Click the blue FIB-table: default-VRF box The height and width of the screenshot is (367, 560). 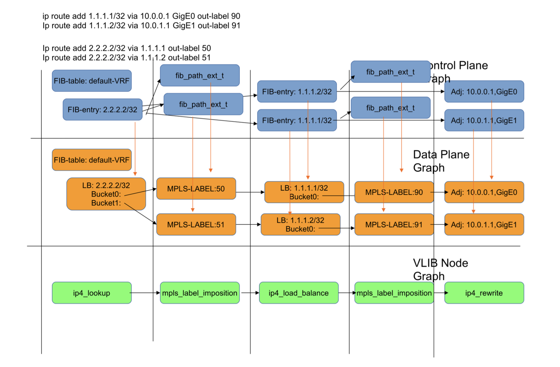[92, 81]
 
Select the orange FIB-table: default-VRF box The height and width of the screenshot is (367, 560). [92, 160]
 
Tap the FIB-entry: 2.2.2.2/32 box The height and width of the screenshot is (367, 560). [102, 110]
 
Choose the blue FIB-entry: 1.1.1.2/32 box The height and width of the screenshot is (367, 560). [297, 92]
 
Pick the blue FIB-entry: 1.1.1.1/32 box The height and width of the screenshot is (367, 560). [297, 120]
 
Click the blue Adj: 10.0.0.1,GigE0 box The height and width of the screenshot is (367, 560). [484, 92]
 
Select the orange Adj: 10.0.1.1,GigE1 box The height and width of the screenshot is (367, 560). [484, 225]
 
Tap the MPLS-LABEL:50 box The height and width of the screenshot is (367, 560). [196, 189]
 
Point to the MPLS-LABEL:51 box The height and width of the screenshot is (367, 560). [196, 225]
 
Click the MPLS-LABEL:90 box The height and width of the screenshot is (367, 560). [394, 192]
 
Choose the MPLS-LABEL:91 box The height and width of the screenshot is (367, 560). [394, 225]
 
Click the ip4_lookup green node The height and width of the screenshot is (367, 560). [92, 293]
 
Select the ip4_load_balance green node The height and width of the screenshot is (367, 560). [298, 293]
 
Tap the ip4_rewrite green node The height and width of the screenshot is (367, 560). [484, 293]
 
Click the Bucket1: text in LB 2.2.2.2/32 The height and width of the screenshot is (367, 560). [106, 203]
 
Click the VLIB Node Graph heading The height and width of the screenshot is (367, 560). [440, 269]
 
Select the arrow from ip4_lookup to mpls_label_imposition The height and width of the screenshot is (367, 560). [145, 293]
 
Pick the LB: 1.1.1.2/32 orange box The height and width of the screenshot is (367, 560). [300, 225]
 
